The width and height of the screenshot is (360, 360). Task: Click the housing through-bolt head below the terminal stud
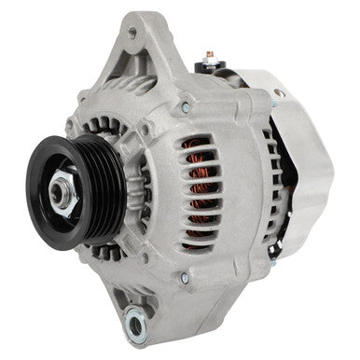[x=186, y=109]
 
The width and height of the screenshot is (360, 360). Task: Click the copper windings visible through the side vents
[x=197, y=191]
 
